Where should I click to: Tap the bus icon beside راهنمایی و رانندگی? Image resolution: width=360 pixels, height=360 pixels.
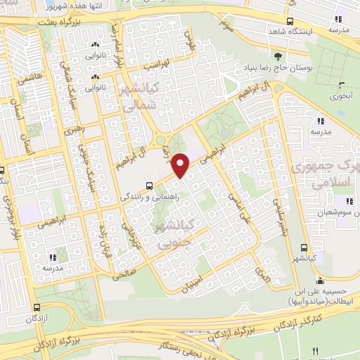[149, 186]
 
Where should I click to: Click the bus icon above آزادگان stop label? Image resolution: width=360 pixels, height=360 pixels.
[37, 307]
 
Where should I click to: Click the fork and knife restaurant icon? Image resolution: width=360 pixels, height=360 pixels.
[315, 351]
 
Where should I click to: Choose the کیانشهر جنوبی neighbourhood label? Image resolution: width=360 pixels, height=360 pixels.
[175, 234]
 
